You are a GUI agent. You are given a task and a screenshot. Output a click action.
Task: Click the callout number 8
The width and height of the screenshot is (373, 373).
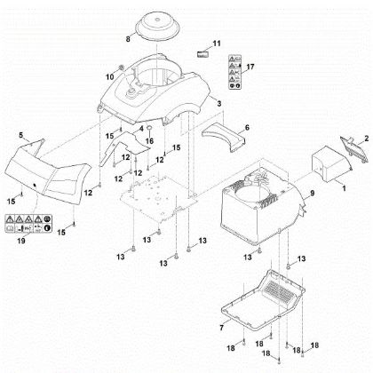pos(128,41)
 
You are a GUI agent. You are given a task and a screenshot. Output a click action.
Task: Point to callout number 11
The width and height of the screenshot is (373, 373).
pos(217,43)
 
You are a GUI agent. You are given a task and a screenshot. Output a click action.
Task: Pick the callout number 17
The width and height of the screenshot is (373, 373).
pos(250,67)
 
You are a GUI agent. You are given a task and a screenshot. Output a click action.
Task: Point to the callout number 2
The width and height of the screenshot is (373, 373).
pos(365,137)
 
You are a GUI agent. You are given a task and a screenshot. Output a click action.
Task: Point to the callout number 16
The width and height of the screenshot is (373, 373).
pos(151,140)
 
